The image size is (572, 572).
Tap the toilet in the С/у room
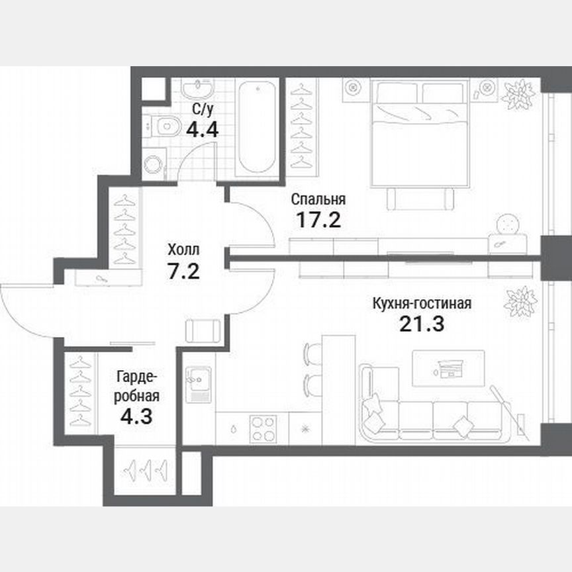(164, 124)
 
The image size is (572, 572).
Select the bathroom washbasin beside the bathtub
(199, 89)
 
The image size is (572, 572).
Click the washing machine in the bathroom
(155, 164)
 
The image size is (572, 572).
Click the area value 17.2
(318, 220)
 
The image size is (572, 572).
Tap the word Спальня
(319, 199)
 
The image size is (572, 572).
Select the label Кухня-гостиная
(422, 304)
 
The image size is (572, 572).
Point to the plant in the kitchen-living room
(520, 302)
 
